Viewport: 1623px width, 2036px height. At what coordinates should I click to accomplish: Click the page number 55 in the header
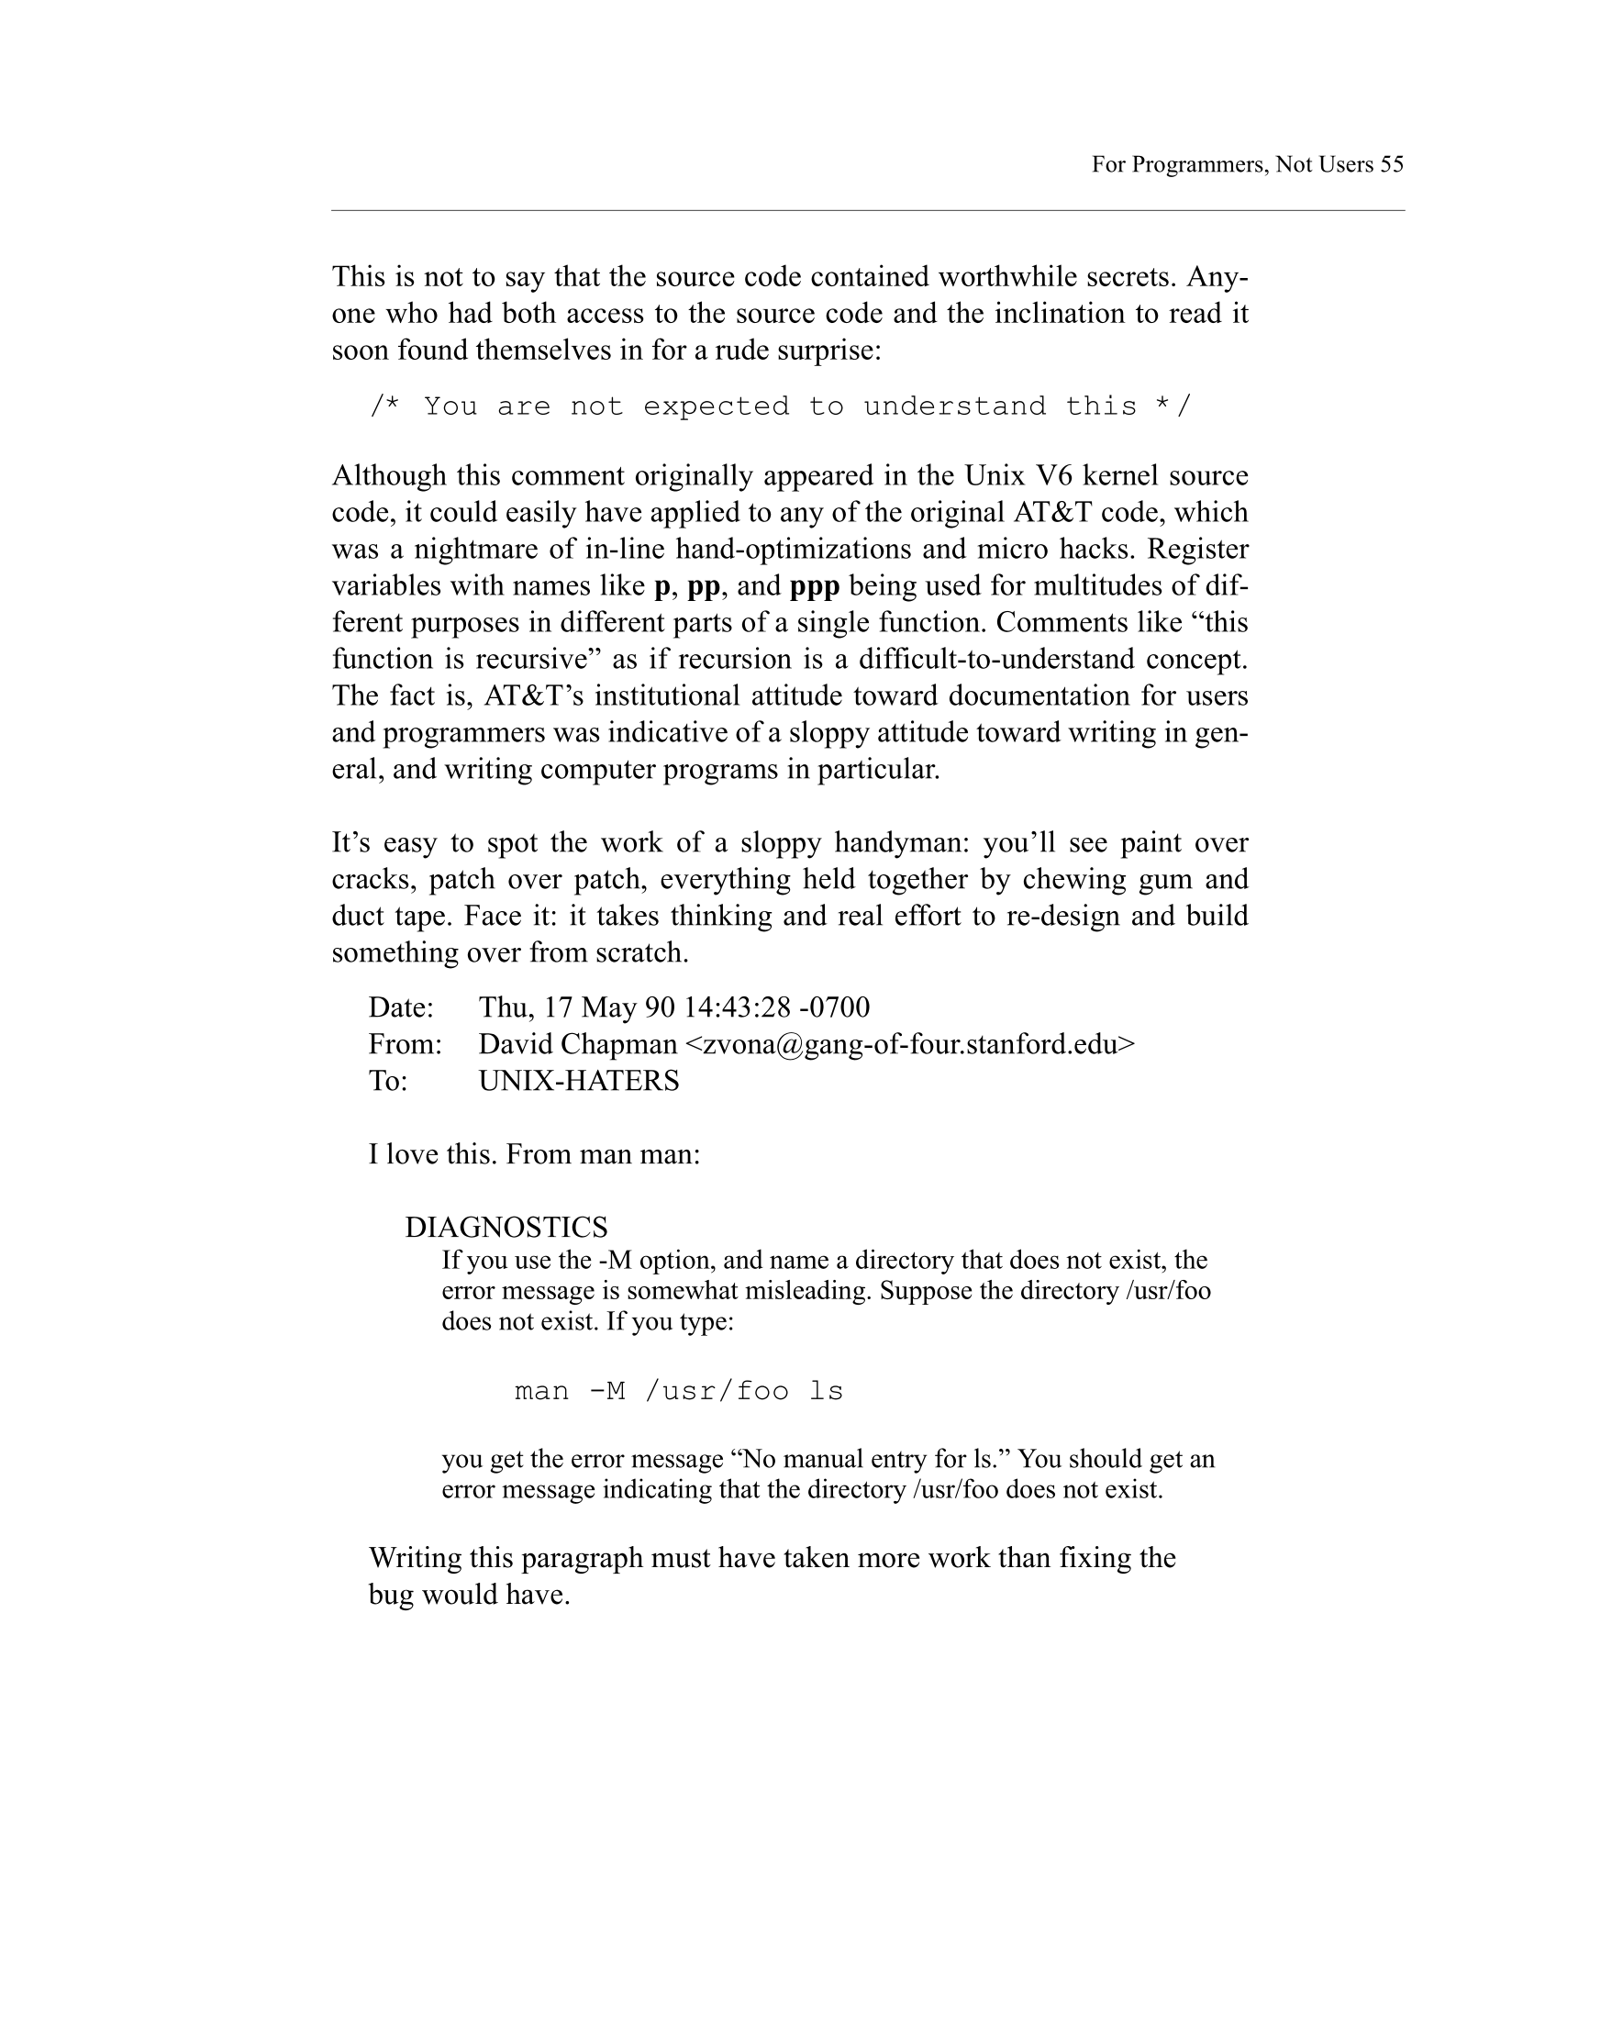[1392, 164]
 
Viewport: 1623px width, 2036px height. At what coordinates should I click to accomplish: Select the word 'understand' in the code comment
[954, 406]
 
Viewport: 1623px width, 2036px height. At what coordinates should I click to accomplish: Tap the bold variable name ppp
[814, 586]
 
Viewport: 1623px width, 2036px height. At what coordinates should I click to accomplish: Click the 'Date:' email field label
[400, 1007]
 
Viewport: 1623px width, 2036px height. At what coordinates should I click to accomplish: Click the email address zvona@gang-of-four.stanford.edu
[909, 1044]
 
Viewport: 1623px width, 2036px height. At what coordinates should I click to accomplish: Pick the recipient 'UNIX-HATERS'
[579, 1081]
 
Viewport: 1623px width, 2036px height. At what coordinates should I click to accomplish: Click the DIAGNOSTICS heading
[506, 1228]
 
